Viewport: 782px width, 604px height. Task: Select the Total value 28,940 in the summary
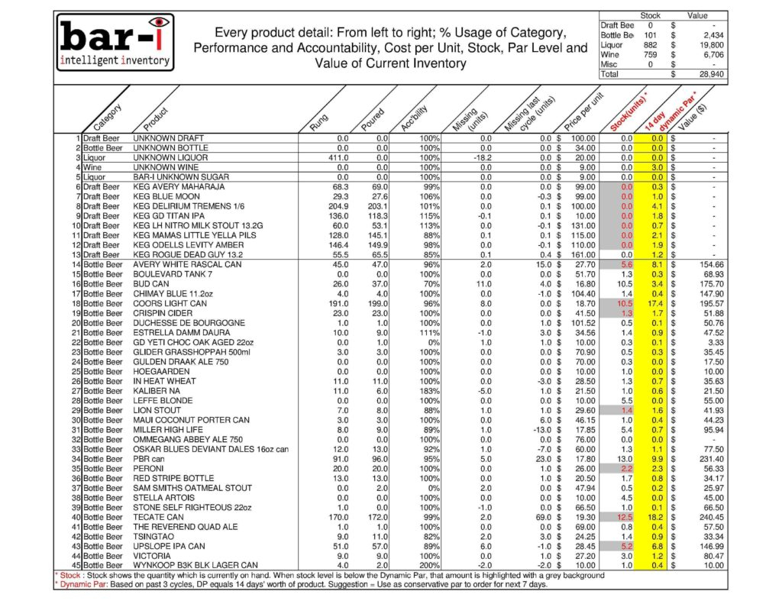point(713,75)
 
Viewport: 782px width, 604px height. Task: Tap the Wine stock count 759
point(651,55)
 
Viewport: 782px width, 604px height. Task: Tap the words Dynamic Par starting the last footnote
point(34,584)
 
